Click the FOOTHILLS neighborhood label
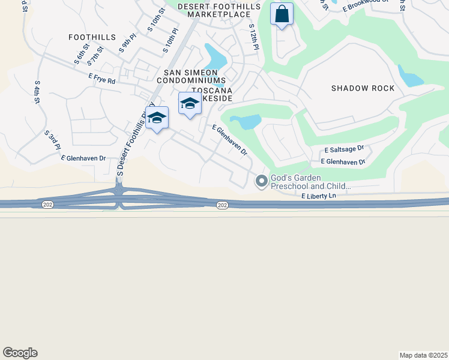point(92,37)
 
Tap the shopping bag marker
point(282,14)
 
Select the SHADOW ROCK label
point(363,88)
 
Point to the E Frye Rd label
point(101,79)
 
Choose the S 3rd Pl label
point(52,140)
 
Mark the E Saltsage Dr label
point(344,149)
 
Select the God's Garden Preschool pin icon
point(261,181)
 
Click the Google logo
point(20,353)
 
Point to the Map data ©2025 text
point(423,355)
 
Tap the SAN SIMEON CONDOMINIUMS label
point(191,76)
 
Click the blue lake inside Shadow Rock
point(411,79)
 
